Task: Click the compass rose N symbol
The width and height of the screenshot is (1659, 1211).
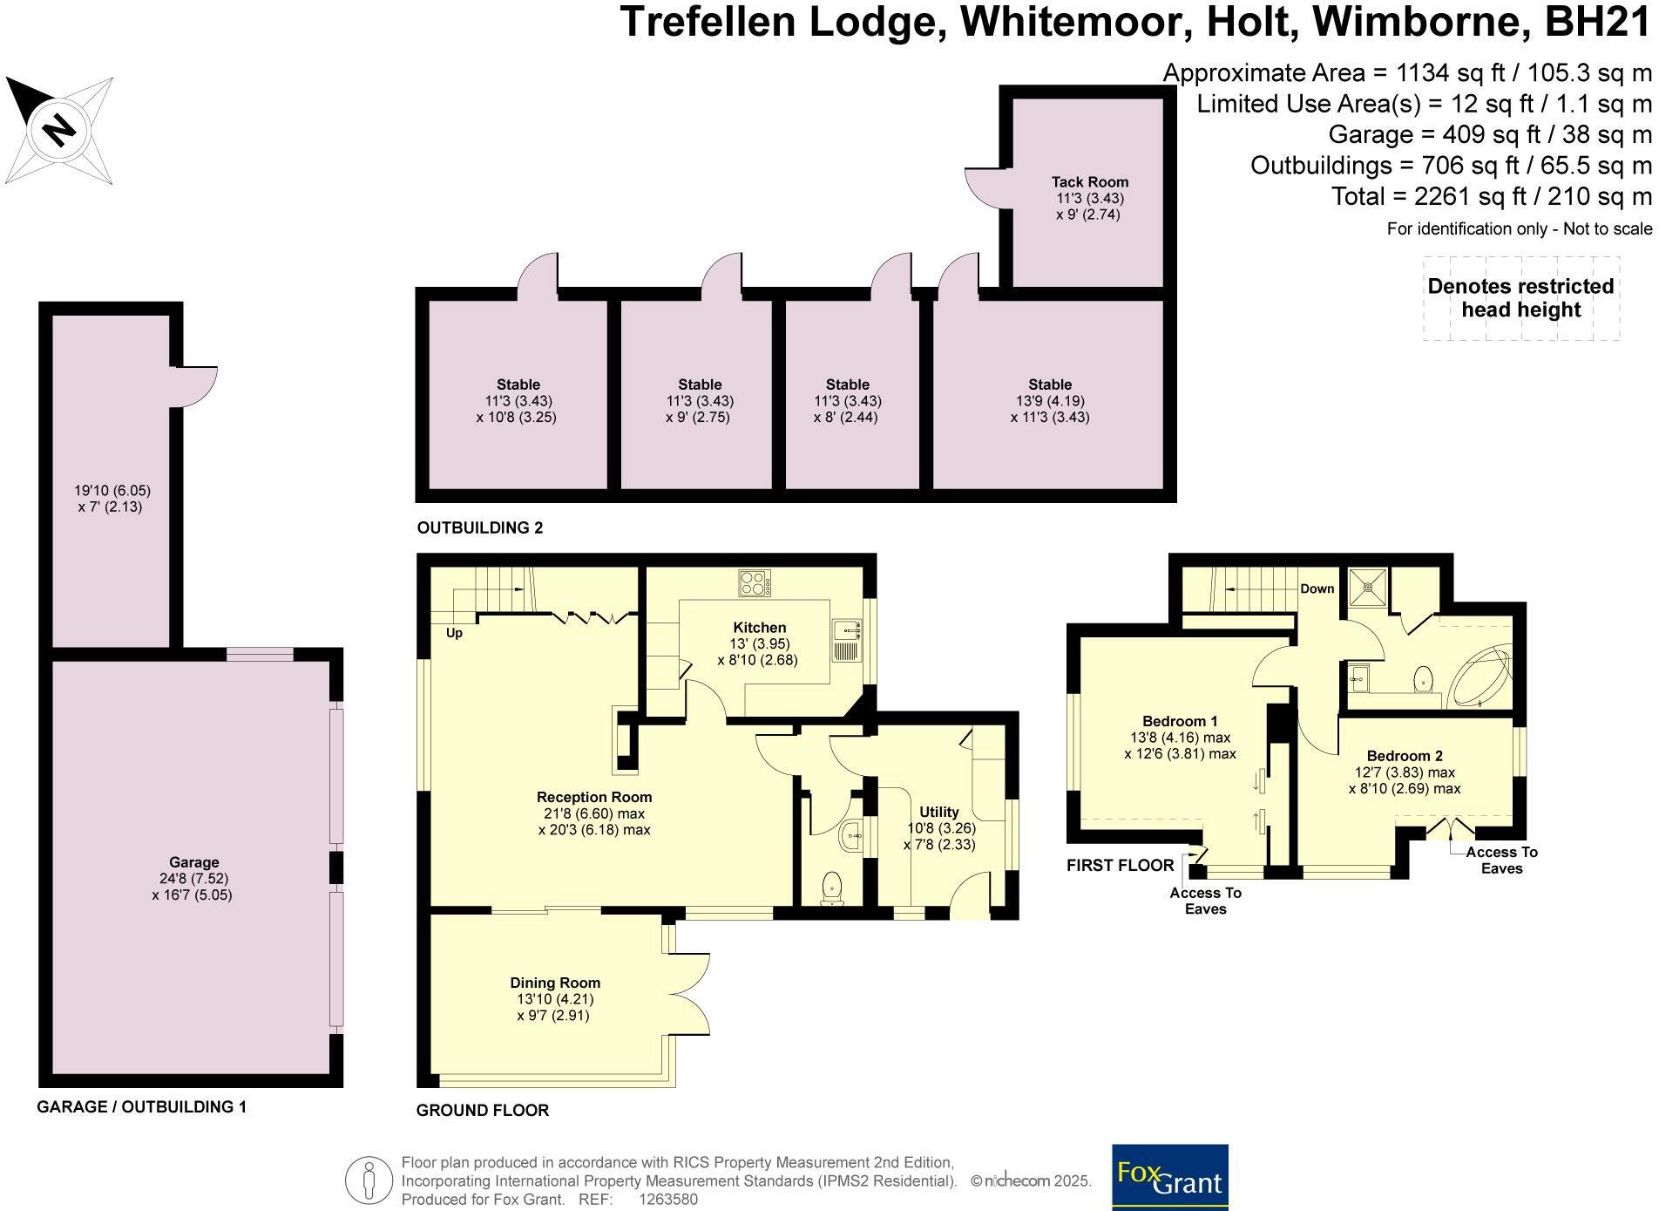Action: (59, 131)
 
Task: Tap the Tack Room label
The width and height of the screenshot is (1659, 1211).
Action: (1089, 182)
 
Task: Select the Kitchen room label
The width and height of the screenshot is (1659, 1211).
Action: (759, 628)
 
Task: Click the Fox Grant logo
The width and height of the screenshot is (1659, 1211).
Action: (1169, 1176)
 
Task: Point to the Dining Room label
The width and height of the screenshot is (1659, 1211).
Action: (555, 983)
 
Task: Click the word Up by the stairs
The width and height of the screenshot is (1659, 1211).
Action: (454, 633)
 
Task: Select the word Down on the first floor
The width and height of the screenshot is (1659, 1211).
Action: (1317, 588)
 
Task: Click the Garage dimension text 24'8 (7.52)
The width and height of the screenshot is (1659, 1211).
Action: (193, 879)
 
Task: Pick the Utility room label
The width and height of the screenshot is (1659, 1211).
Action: (938, 812)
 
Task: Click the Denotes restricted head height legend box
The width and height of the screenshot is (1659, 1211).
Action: (1520, 298)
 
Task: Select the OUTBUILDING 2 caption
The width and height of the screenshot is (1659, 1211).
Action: (479, 527)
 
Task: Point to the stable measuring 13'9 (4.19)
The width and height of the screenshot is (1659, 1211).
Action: (1049, 400)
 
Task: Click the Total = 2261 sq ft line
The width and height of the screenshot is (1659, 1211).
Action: (1491, 196)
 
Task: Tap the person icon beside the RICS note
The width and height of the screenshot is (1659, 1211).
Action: (368, 1180)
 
